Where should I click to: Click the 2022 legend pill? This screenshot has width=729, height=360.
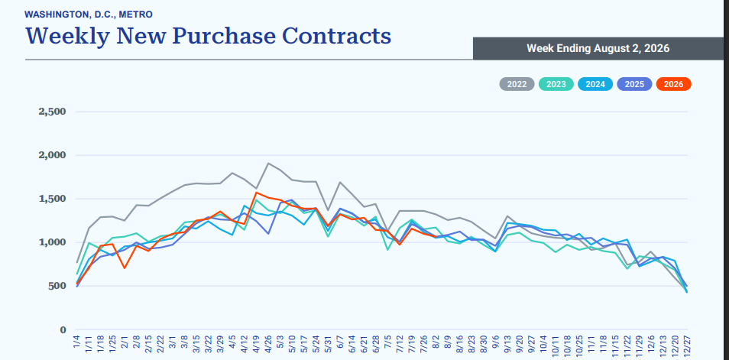[x=517, y=84]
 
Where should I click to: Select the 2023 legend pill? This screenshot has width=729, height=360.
[x=556, y=84]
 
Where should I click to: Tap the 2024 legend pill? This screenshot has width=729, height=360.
[x=595, y=84]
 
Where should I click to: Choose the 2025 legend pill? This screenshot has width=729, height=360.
[x=634, y=84]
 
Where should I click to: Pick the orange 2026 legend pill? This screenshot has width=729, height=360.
[x=674, y=84]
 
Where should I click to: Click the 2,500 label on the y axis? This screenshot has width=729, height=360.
[x=53, y=112]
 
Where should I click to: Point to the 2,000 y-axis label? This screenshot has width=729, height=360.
[x=53, y=155]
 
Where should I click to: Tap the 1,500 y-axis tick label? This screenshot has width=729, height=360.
[x=53, y=199]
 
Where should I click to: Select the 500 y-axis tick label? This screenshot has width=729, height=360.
[x=57, y=286]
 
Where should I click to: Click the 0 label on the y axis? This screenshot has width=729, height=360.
[x=63, y=329]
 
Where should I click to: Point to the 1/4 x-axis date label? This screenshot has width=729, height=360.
[x=76, y=346]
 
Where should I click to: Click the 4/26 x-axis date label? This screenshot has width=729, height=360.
[x=268, y=345]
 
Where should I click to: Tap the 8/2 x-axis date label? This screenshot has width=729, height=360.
[x=435, y=346]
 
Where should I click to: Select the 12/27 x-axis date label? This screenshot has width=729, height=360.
[x=687, y=345]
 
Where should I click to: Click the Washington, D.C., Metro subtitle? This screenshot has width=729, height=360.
[x=89, y=15]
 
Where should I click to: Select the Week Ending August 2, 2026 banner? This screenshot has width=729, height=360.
[x=598, y=48]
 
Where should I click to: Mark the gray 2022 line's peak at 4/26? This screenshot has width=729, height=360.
[x=268, y=164]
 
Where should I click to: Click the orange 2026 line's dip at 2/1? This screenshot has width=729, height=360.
[x=124, y=268]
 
